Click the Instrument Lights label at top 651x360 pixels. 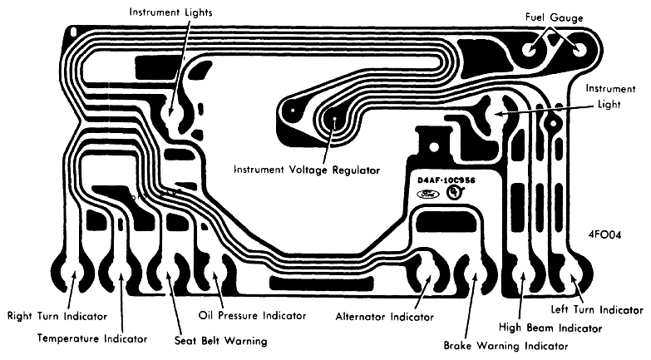(x=170, y=12)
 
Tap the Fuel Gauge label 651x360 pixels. (x=554, y=17)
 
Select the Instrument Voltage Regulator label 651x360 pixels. (x=307, y=170)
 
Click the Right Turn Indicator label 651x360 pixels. (x=57, y=316)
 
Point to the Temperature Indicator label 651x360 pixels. (x=92, y=338)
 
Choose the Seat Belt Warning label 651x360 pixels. (x=220, y=341)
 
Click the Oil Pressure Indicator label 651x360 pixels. (x=252, y=316)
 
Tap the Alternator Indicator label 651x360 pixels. (x=384, y=317)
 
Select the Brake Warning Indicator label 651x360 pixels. (x=506, y=346)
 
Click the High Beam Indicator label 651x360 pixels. (x=550, y=328)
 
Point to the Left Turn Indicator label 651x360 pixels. (x=597, y=309)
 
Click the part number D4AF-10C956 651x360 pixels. (x=446, y=180)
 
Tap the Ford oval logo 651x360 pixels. (x=427, y=194)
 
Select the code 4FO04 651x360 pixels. (x=604, y=234)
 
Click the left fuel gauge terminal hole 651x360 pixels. (x=531, y=50)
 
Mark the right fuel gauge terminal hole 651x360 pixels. (x=579, y=50)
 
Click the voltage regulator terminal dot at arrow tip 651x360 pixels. (x=334, y=117)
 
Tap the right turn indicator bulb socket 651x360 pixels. (x=74, y=274)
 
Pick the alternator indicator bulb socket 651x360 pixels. (x=427, y=275)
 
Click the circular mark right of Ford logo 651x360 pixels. (x=456, y=191)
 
